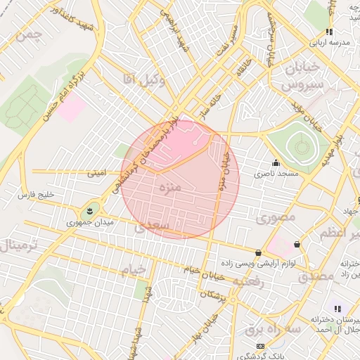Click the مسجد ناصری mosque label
[277, 172]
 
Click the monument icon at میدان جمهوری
[91, 210]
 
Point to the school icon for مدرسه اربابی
[329, 32]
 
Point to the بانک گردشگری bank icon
[261, 346]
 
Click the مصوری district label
[275, 219]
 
